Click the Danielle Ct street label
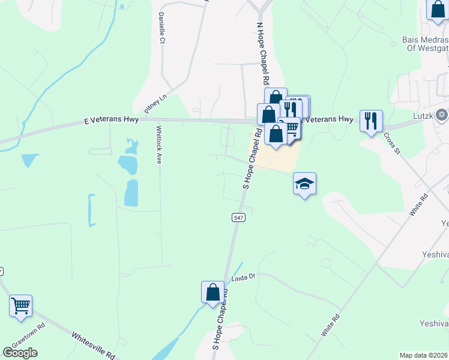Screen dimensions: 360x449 coord(161,28)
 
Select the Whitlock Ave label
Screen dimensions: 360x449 coord(159,145)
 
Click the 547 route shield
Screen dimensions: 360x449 coord(238,217)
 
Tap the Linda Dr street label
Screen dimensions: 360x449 coord(244,277)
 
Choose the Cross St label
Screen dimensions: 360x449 coord(392,143)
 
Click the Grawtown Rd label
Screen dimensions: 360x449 coord(33,334)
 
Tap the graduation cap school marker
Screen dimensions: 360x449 coord(305,184)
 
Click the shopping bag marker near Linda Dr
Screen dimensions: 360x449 coord(213,293)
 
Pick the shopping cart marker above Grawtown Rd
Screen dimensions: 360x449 coord(21,305)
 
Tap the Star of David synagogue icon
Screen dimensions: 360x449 coord(442,114)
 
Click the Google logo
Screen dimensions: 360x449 coord(20,353)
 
